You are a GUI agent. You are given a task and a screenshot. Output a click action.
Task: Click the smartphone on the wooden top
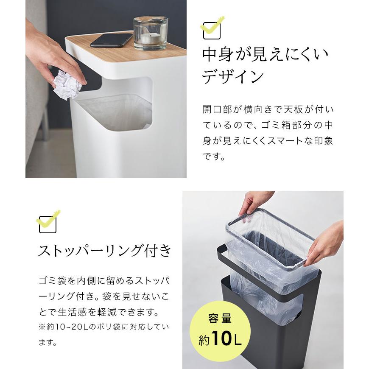click(112, 40)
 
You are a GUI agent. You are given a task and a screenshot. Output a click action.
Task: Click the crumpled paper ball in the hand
click(67, 85)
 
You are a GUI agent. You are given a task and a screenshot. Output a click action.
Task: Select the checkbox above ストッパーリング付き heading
click(48, 224)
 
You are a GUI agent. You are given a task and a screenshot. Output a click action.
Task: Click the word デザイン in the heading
click(233, 77)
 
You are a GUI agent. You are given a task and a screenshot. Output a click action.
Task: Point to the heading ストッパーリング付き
click(105, 251)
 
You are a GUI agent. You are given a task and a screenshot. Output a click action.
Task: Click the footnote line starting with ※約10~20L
click(103, 327)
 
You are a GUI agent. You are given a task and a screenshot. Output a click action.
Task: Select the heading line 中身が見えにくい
click(266, 54)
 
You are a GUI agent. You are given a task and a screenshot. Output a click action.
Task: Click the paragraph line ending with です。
click(214, 157)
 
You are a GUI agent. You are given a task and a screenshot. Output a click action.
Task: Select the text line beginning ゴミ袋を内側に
click(104, 281)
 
